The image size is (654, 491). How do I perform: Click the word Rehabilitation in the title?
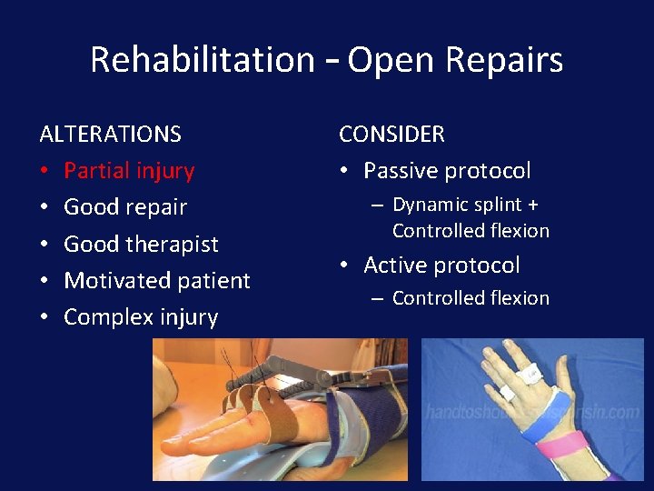tap(203, 60)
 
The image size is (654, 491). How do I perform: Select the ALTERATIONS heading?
tap(111, 134)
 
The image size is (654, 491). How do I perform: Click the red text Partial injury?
tap(129, 171)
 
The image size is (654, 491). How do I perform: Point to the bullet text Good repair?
tap(125, 207)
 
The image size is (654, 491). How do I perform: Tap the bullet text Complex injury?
tap(141, 317)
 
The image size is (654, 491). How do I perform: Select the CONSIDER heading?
tap(391, 134)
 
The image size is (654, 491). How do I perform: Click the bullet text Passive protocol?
tap(447, 171)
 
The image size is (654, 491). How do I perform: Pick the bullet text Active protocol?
tap(441, 266)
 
